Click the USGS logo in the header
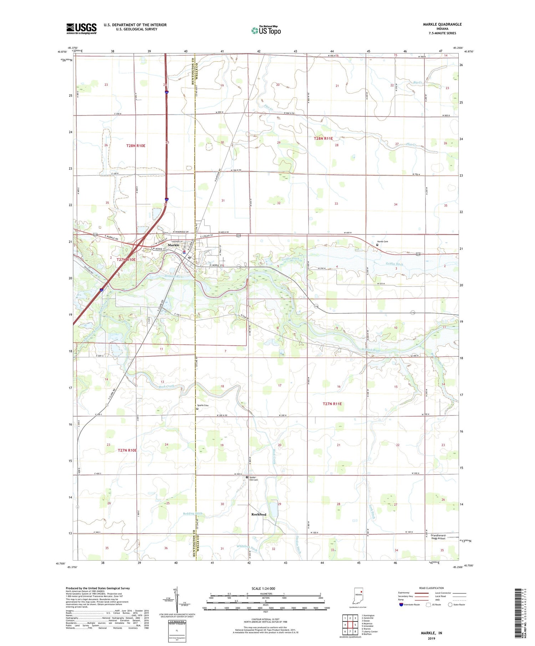coord(81,29)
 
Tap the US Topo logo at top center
coord(266,30)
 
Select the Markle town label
coord(173,245)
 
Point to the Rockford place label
coord(259,514)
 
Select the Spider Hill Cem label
coord(253,479)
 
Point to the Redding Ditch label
coord(193,513)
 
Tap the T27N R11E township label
coord(332,404)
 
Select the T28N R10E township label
coord(136,146)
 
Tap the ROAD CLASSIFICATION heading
coord(432,588)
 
